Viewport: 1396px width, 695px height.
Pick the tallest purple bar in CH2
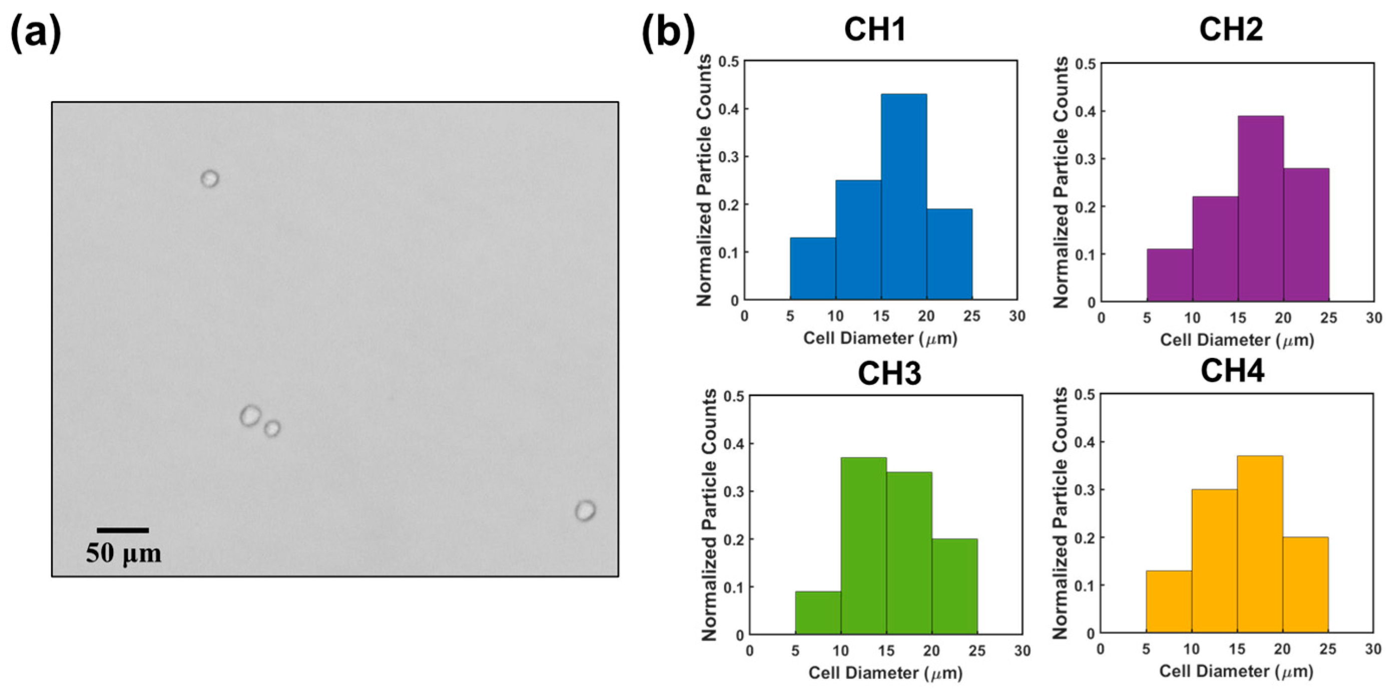1260,209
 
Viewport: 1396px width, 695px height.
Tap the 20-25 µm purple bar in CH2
1306,235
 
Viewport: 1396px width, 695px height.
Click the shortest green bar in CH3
818,612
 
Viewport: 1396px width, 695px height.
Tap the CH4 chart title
1232,372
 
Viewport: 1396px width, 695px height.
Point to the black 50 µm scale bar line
123,530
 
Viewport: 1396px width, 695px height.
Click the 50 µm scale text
124,553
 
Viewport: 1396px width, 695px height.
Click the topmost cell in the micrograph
210,178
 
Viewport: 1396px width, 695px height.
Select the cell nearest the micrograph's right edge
585,511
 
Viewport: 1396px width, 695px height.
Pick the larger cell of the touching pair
250,416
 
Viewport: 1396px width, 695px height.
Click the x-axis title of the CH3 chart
885,673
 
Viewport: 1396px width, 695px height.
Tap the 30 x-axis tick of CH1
1016,316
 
